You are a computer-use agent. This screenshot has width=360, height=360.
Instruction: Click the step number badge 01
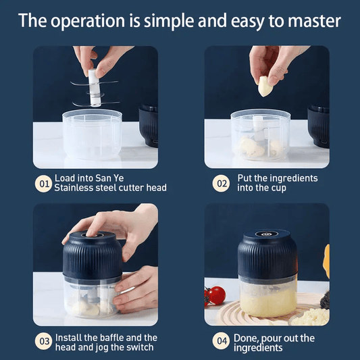pyautogui.click(x=43, y=183)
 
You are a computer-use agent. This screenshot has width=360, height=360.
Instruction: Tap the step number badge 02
pyautogui.click(x=222, y=183)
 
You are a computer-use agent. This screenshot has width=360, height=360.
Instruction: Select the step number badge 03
pyautogui.click(x=43, y=342)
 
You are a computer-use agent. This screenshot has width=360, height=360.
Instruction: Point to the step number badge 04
pyautogui.click(x=222, y=342)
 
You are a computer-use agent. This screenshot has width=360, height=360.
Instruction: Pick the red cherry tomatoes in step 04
pyautogui.click(x=215, y=294)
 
